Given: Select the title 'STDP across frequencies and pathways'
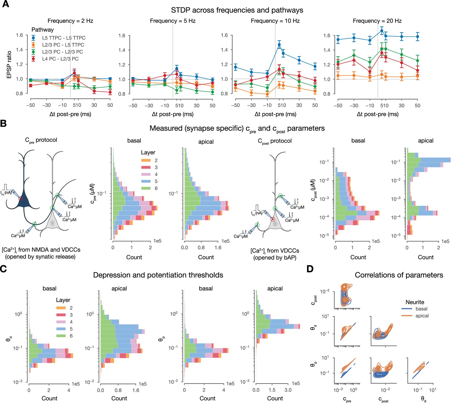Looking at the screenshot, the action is pos(237,10).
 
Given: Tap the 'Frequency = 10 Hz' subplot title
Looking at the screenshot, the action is pos(275,21).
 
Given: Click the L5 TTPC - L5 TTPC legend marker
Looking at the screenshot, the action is pos(33,38).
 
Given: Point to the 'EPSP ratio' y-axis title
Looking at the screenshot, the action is pos(9,65).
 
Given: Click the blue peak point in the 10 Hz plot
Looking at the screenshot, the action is pos(279,45).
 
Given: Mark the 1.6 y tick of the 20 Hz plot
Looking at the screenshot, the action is pos(327,35).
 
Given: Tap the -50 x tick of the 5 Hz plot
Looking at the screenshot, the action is pos(133,105).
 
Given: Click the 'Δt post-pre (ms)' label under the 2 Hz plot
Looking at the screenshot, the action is pos(70,114).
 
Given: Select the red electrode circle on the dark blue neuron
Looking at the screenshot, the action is pos(20,198).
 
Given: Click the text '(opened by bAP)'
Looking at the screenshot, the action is pos(275,258).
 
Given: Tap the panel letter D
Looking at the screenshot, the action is pos(310,269).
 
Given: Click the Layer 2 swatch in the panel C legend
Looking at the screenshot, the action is pos(61,308).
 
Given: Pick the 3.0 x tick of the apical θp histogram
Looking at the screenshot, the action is pos(288,390).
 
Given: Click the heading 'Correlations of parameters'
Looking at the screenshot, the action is pos(399,275).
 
